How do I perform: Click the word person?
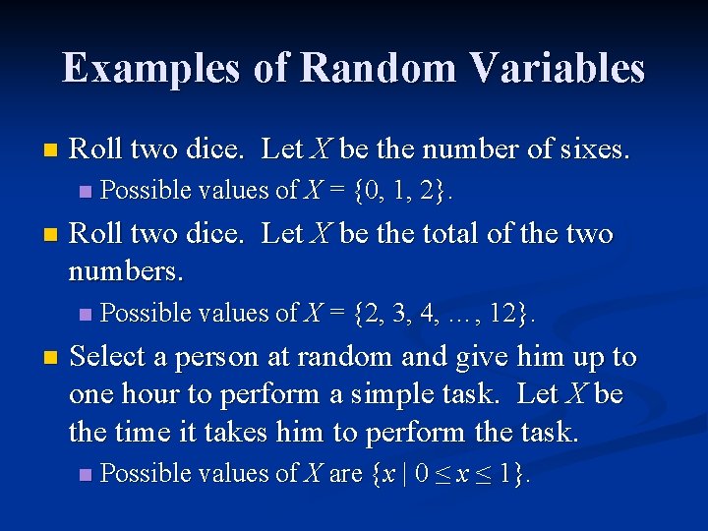click(220, 358)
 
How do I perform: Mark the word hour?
click(153, 394)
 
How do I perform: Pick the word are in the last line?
click(345, 474)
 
